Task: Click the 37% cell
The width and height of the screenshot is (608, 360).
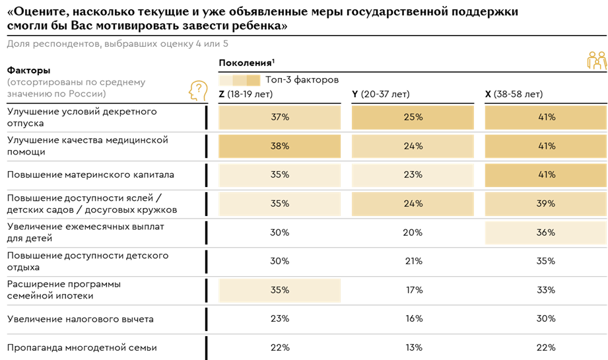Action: (x=280, y=118)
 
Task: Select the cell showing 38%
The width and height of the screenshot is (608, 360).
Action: (x=280, y=146)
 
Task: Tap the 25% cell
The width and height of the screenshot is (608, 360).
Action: (x=413, y=118)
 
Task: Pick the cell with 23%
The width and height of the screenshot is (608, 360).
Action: (x=413, y=175)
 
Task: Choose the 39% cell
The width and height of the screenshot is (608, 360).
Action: (x=545, y=203)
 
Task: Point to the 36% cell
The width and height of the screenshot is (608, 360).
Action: (x=545, y=233)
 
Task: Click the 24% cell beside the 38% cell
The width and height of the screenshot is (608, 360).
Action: (x=413, y=146)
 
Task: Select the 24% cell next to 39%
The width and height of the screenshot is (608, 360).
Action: (x=413, y=203)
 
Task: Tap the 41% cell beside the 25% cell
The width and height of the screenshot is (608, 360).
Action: (x=545, y=118)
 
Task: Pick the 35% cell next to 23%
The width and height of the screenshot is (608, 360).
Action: (x=280, y=175)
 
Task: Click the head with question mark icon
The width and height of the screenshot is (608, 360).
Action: (x=198, y=91)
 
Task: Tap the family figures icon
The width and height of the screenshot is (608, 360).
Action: (x=596, y=61)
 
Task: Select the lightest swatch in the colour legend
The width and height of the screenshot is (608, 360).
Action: (x=225, y=81)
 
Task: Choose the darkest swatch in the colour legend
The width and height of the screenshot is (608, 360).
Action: (x=254, y=81)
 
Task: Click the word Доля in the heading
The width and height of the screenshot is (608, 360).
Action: (x=18, y=44)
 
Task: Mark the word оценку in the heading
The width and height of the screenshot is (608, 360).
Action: (x=174, y=44)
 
